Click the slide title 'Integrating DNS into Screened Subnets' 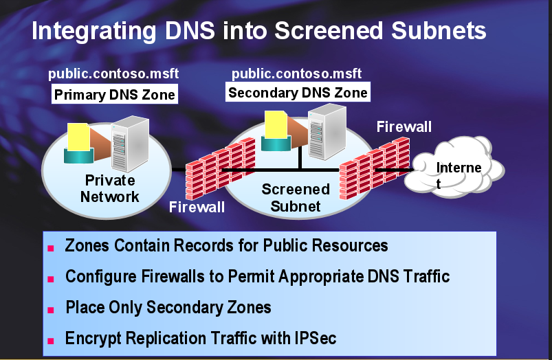(258, 32)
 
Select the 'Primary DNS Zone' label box (115, 95)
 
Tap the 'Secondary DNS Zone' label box (298, 92)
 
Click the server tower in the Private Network (131, 144)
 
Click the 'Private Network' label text (110, 189)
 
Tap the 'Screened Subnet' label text (296, 197)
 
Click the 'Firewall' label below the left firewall (197, 207)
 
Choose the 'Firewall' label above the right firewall (404, 126)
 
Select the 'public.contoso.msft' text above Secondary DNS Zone (296, 74)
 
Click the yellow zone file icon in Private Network (76, 140)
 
